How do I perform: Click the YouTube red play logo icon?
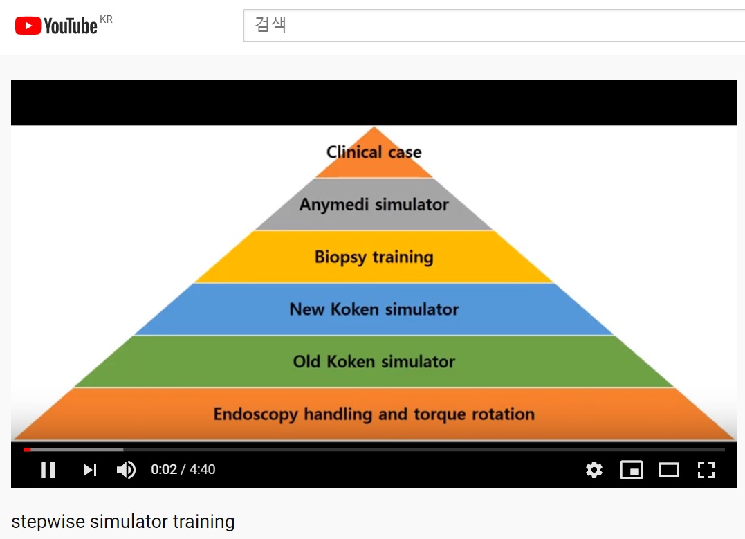(x=28, y=26)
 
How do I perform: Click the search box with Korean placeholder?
(x=494, y=25)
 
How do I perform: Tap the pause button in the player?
(x=48, y=470)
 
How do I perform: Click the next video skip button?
(x=90, y=470)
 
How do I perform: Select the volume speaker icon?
(x=127, y=470)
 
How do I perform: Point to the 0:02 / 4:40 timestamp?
(x=183, y=470)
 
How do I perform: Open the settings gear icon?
(x=594, y=470)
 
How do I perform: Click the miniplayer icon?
(x=632, y=470)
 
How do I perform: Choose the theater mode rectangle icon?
(x=668, y=470)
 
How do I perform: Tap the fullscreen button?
(x=706, y=470)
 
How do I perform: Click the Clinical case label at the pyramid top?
(x=374, y=152)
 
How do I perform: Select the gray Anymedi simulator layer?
(x=374, y=204)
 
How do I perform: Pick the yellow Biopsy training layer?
(x=374, y=257)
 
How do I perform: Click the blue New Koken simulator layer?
(x=374, y=309)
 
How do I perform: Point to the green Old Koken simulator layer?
(x=374, y=362)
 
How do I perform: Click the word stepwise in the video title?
(x=48, y=522)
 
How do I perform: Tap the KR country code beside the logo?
(x=106, y=19)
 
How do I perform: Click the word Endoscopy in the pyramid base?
(x=256, y=414)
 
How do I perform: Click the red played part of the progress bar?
(x=27, y=449)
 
